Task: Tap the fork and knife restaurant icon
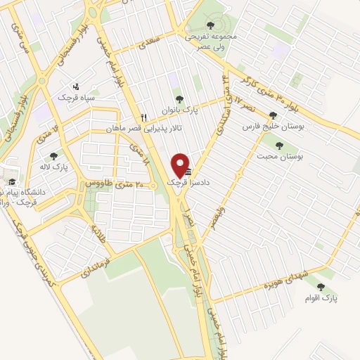tap(144, 118)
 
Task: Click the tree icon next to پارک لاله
tap(53, 156)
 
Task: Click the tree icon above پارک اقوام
tap(321, 286)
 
